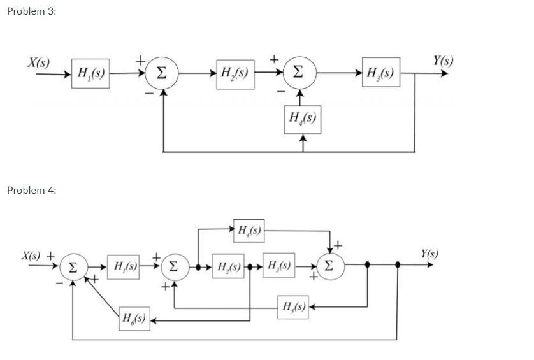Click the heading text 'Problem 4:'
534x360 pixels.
pos(31,190)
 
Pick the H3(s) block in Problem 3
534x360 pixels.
pos(380,73)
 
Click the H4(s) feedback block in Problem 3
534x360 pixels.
pos(303,119)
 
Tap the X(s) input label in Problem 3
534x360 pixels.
pos(38,62)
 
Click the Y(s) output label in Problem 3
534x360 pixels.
pos(442,61)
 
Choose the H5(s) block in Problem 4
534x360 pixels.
pos(293,308)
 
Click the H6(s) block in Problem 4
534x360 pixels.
pos(134,318)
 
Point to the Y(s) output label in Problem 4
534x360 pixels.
pos(429,254)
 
